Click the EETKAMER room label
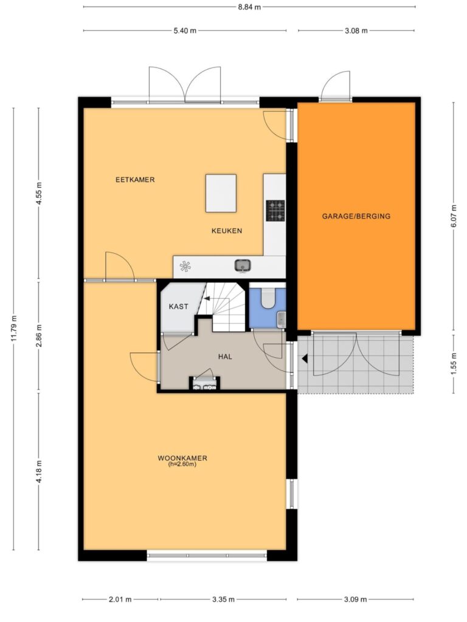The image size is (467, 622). click(x=135, y=180)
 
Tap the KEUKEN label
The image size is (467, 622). click(x=226, y=231)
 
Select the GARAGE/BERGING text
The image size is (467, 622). click(x=356, y=216)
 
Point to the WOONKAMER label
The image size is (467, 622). click(x=182, y=458)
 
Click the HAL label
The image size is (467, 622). click(x=225, y=357)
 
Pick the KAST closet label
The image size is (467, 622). click(x=178, y=307)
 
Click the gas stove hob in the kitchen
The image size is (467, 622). click(x=275, y=210)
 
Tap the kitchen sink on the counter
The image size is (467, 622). click(x=242, y=265)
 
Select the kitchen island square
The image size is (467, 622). click(x=221, y=193)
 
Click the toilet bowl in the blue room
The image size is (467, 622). click(x=268, y=298)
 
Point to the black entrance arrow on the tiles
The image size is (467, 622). click(x=305, y=358)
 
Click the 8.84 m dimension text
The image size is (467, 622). click(x=249, y=7)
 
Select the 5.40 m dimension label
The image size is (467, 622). click(x=185, y=30)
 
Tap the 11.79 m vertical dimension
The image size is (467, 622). click(x=14, y=328)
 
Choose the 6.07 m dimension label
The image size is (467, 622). click(x=454, y=217)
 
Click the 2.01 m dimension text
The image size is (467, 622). click(x=120, y=600)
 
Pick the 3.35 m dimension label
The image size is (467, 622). click(x=223, y=600)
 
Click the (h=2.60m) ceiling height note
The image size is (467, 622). click(x=182, y=464)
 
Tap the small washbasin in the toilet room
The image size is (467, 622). click(x=281, y=320)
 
